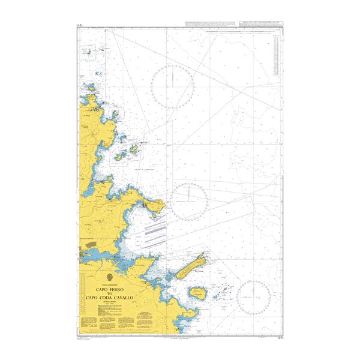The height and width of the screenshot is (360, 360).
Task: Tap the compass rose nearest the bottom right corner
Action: click(x=253, y=298)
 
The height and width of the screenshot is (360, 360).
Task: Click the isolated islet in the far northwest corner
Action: click(x=88, y=53)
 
